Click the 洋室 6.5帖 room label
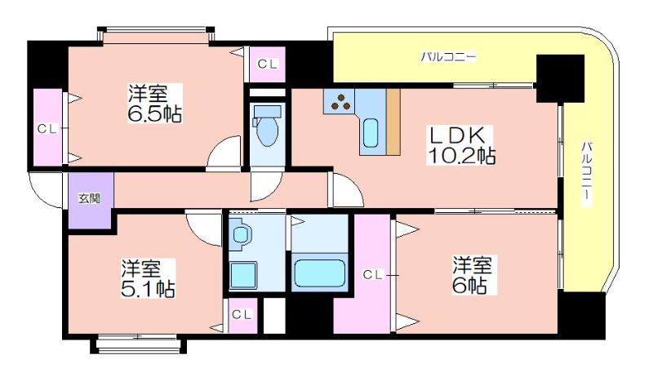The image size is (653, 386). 154,104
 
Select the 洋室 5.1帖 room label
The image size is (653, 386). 148,278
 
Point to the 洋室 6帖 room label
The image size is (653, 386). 473,276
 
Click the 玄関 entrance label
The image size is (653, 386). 90,198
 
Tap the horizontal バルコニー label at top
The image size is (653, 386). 447,56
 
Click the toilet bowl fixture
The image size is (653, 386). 267,126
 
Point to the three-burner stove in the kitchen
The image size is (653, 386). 340,102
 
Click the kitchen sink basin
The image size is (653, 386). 371,133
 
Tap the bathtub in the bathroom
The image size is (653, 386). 319,273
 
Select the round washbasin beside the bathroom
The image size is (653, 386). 240,235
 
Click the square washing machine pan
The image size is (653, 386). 243,275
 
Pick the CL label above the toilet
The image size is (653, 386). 268,64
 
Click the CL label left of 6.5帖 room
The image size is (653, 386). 47,129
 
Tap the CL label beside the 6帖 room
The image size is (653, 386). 373,274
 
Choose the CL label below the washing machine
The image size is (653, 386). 242,314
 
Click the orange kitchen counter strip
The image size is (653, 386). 393,122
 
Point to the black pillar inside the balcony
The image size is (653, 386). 560,78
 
